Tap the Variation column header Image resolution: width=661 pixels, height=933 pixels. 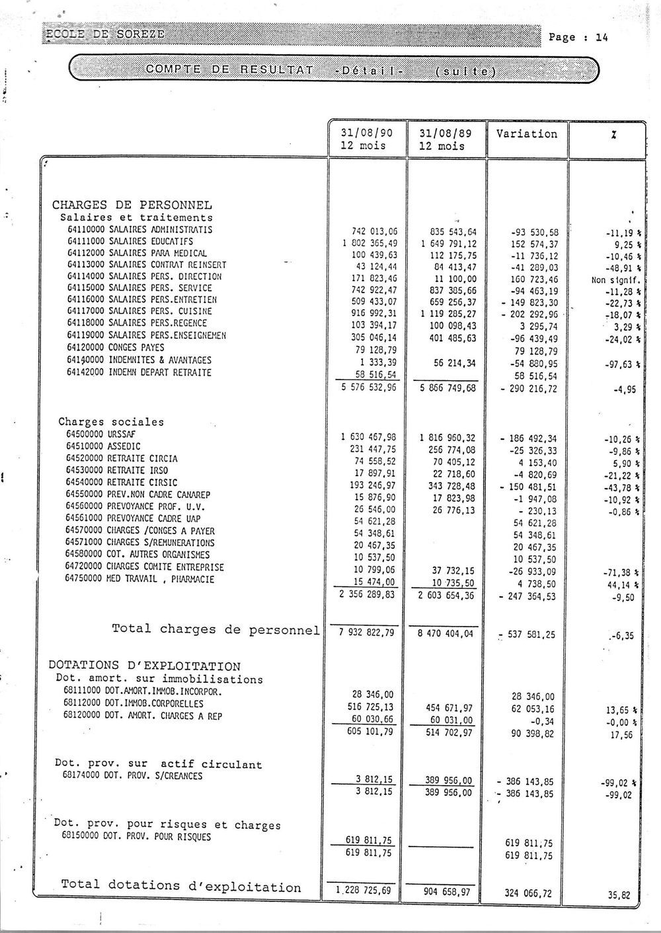coord(526,133)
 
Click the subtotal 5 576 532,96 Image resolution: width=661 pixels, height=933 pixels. coord(365,389)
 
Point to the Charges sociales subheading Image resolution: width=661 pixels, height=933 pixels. coord(111,421)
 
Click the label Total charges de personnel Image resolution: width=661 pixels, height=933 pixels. coord(215,629)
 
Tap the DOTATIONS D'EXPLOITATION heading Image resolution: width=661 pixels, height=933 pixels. coord(145,666)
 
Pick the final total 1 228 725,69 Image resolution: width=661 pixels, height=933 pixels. coord(364,891)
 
